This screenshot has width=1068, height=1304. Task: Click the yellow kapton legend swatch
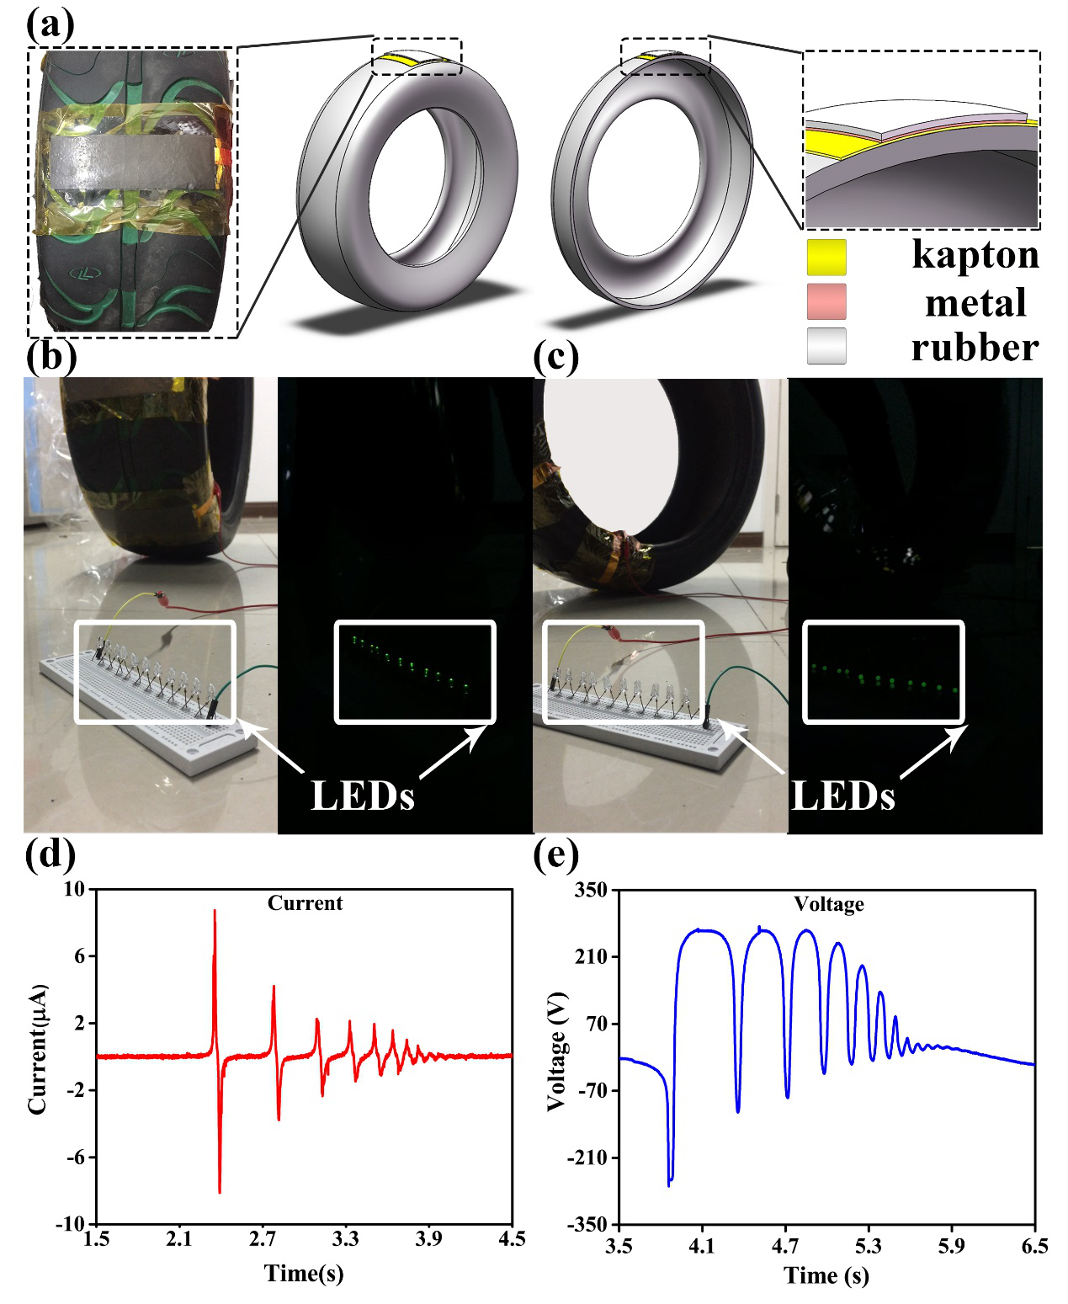pos(826,257)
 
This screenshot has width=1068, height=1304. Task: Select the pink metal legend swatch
pos(826,302)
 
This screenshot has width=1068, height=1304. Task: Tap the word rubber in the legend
pos(975,348)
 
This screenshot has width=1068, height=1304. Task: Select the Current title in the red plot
pos(305,903)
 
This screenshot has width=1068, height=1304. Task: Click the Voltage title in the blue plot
pos(829,904)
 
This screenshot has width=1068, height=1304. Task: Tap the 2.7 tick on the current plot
pos(263,1238)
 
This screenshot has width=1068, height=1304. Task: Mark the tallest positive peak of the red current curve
pos(215,911)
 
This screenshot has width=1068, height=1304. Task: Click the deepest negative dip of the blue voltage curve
pos(669,1184)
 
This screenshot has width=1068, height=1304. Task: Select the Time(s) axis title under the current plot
pos(304,1272)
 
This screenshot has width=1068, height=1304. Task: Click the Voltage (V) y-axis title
pos(556,1052)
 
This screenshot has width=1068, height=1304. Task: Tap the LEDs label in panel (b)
pos(363,795)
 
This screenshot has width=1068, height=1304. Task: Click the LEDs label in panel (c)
pos(843,795)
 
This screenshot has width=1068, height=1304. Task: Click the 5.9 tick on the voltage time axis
pos(951,1245)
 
